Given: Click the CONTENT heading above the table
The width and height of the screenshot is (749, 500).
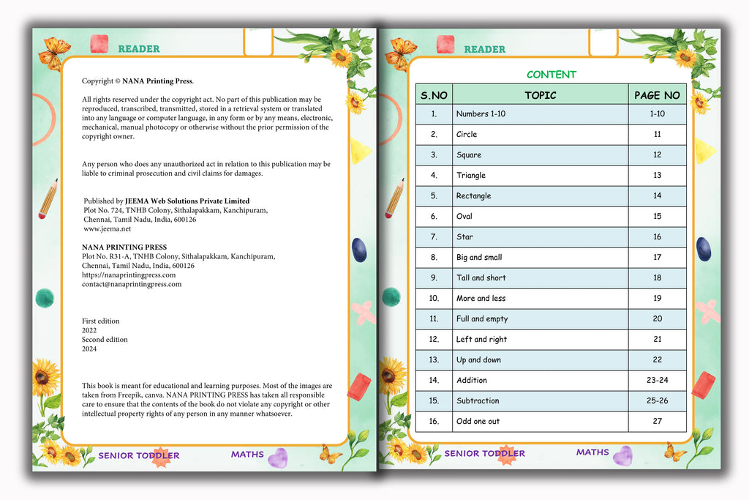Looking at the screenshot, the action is click(x=552, y=75).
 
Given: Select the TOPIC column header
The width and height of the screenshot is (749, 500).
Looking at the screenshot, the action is click(x=540, y=95).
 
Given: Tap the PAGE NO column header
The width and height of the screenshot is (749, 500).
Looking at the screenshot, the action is click(x=657, y=95).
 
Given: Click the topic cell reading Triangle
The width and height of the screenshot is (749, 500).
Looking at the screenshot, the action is click(x=471, y=176).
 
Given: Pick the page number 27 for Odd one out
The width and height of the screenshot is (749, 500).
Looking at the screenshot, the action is click(x=657, y=422).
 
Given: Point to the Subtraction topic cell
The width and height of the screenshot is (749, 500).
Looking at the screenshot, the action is click(x=478, y=401).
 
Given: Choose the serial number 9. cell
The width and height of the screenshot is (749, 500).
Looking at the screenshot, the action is click(x=434, y=278).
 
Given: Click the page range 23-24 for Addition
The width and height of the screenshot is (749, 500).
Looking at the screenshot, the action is click(x=657, y=381).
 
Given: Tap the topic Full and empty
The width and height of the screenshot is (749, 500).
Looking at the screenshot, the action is click(x=482, y=319).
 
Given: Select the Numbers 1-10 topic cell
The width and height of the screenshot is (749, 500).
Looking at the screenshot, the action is click(x=481, y=114).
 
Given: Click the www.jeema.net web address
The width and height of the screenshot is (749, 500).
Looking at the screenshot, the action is click(x=108, y=229).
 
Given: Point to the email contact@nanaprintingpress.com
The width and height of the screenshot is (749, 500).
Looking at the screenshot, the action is click(x=132, y=284).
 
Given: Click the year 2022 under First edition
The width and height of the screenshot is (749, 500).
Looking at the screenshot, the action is click(x=89, y=330).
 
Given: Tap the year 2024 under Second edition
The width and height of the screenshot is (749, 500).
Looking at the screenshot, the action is click(x=89, y=349).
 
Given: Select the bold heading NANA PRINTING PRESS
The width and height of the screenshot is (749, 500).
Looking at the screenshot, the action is click(x=124, y=247).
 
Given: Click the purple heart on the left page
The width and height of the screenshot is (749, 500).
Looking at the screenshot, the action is click(x=277, y=458).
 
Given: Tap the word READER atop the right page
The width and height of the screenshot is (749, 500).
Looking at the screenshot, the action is click(x=484, y=49).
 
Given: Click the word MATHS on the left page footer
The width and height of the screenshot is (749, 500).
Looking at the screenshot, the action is click(x=247, y=455).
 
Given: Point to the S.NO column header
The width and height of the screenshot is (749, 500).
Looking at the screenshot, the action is click(x=434, y=95).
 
